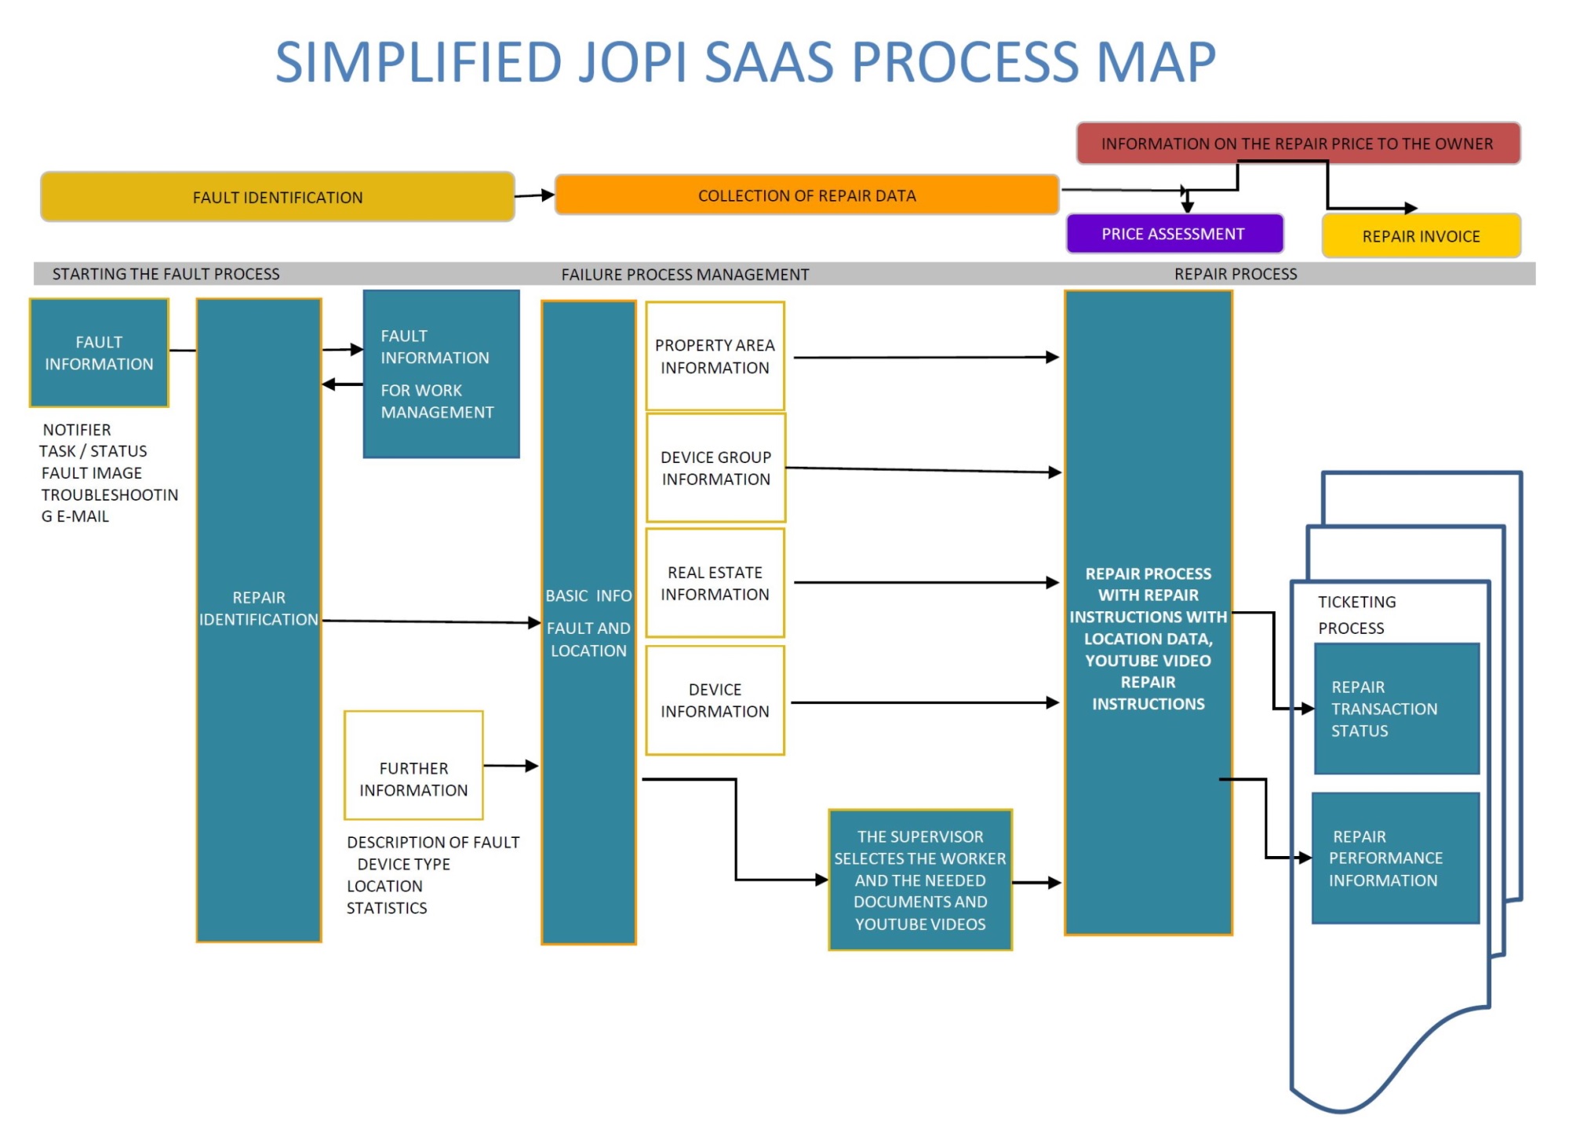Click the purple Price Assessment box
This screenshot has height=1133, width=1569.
point(1174,234)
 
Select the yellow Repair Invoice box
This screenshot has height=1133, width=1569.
point(1421,236)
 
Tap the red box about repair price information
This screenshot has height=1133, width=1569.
point(1298,144)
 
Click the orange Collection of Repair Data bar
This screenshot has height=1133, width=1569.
point(806,195)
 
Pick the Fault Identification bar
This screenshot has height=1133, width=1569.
point(278,197)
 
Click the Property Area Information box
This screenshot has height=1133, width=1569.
point(715,356)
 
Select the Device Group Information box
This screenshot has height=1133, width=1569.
point(715,468)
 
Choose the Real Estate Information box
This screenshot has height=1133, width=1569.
point(715,583)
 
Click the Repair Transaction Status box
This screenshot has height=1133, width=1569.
point(1396,709)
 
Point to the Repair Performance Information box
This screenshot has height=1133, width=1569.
point(1395,858)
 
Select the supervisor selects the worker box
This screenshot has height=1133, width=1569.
point(920,880)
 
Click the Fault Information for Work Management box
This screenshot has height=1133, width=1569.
point(441,374)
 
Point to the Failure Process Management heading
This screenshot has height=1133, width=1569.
point(685,275)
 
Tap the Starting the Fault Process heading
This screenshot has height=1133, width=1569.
point(166,274)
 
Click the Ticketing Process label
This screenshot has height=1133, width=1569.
point(1356,614)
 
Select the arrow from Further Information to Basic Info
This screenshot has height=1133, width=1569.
point(511,766)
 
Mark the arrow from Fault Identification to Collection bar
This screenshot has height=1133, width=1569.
point(535,195)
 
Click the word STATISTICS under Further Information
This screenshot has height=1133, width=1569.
point(387,908)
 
